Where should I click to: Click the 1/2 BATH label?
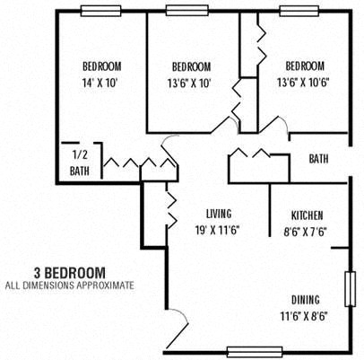click(79, 162)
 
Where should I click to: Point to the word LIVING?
click(218, 214)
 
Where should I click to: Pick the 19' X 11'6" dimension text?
click(218, 229)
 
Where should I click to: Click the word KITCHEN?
click(307, 215)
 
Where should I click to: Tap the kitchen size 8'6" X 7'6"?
click(307, 230)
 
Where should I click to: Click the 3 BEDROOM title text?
click(69, 271)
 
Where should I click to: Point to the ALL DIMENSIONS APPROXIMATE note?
click(69, 285)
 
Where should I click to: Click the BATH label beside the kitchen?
click(318, 159)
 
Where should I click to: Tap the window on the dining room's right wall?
click(351, 289)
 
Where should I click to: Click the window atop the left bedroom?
click(101, 11)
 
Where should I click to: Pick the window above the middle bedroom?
click(187, 11)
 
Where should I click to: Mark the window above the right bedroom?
click(299, 11)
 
